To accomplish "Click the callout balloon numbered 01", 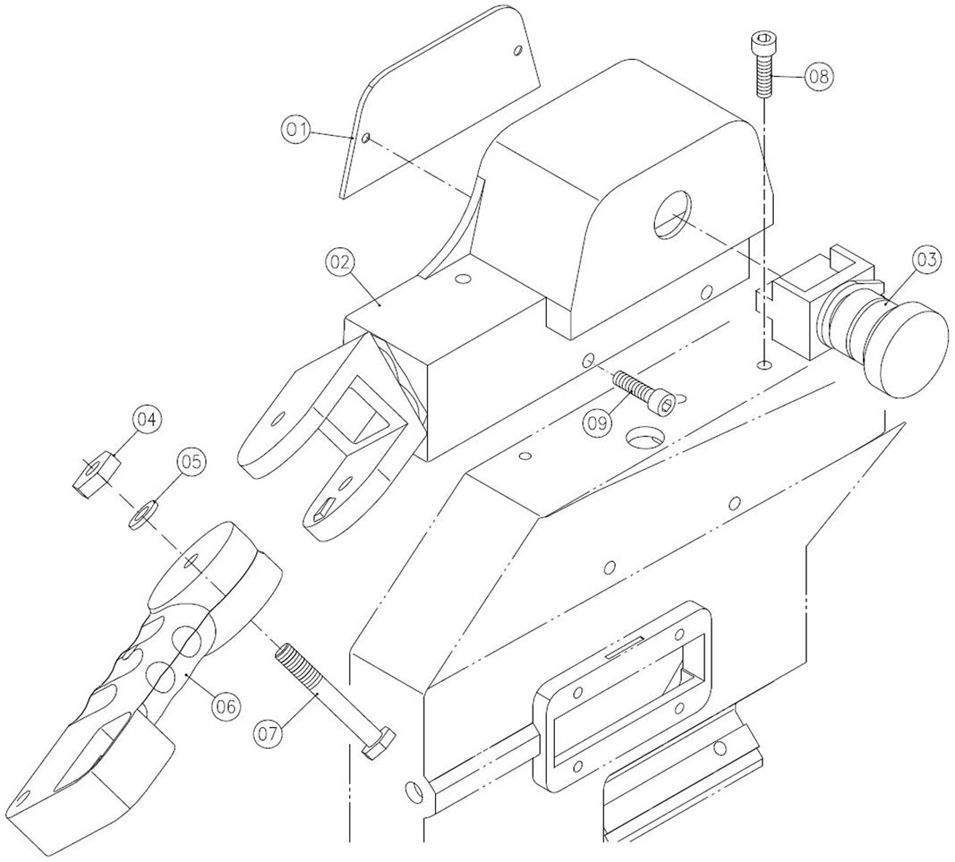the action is pyautogui.click(x=296, y=129).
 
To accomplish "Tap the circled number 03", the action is pyautogui.click(x=927, y=260).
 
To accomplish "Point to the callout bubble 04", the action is pyautogui.click(x=146, y=420).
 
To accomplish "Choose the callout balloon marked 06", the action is pyautogui.click(x=226, y=706).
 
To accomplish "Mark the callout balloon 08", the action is pyautogui.click(x=819, y=77).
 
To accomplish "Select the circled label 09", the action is pyautogui.click(x=597, y=423).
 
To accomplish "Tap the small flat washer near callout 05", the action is pyautogui.click(x=144, y=514).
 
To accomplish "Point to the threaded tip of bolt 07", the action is pyautogui.click(x=285, y=651).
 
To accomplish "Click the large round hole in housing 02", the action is pyautogui.click(x=672, y=214).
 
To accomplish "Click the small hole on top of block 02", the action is pyautogui.click(x=461, y=278).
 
